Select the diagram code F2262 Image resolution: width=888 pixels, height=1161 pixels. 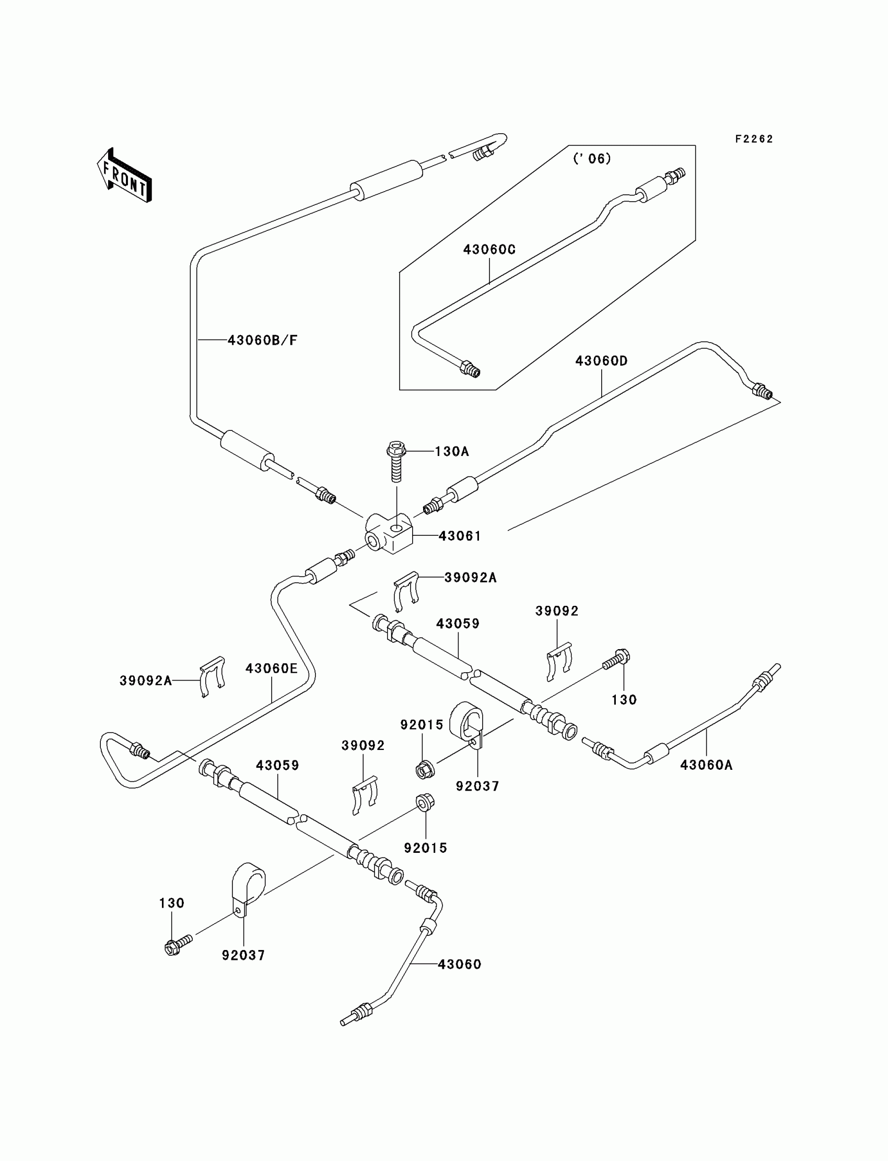coord(754,139)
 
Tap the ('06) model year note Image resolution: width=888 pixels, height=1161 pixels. coord(592,159)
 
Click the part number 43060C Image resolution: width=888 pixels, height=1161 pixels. coord(489,250)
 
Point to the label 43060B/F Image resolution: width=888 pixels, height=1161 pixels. coord(263,341)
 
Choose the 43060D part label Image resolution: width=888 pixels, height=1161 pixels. coord(602,361)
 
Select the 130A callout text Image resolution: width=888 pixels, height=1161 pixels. coord(452,451)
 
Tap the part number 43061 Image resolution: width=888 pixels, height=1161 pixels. coord(460,536)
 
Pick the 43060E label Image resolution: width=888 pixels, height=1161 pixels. coord(272,669)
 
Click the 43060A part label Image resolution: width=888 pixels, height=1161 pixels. coord(706,765)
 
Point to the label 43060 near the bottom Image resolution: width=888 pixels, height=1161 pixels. coord(459,965)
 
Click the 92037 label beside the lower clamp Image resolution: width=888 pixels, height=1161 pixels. coord(243,955)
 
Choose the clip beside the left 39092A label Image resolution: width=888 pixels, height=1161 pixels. coord(213,677)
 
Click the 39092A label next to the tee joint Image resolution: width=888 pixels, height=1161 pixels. coord(471,578)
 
